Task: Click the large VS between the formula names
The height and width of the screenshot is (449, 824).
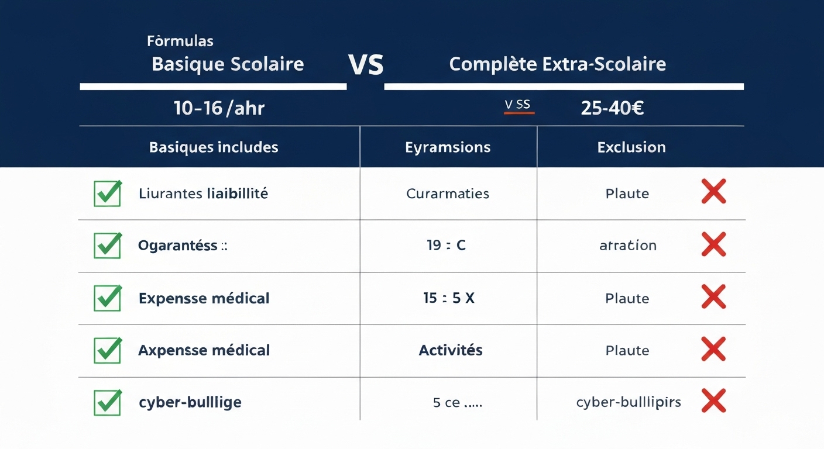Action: (x=366, y=65)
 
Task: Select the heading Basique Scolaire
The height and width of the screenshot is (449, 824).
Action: (x=228, y=64)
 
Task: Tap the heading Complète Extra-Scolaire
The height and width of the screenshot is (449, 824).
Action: (x=557, y=64)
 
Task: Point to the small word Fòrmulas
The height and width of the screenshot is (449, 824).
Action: (x=180, y=41)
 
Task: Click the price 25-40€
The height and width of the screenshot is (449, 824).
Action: (x=612, y=108)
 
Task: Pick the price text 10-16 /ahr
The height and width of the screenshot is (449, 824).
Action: (x=219, y=108)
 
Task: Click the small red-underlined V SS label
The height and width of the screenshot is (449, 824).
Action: (x=519, y=105)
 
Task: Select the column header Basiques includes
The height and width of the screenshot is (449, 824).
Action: (x=214, y=147)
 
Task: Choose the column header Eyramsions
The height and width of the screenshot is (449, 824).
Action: (x=448, y=147)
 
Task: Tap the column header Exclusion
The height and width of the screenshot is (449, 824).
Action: (x=631, y=147)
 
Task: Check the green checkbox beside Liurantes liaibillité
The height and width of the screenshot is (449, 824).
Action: (x=108, y=194)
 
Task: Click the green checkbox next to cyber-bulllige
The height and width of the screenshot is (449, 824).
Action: (x=108, y=402)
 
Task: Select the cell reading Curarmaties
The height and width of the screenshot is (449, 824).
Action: (x=448, y=194)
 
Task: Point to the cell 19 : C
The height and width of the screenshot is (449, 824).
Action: (x=446, y=245)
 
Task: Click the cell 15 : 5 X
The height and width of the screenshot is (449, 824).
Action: (x=449, y=298)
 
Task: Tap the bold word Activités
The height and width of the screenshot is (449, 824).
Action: (x=451, y=350)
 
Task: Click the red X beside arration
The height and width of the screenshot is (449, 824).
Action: (x=713, y=244)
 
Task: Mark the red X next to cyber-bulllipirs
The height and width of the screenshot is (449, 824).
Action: (x=713, y=401)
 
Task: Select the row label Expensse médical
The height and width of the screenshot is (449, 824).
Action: (x=204, y=298)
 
